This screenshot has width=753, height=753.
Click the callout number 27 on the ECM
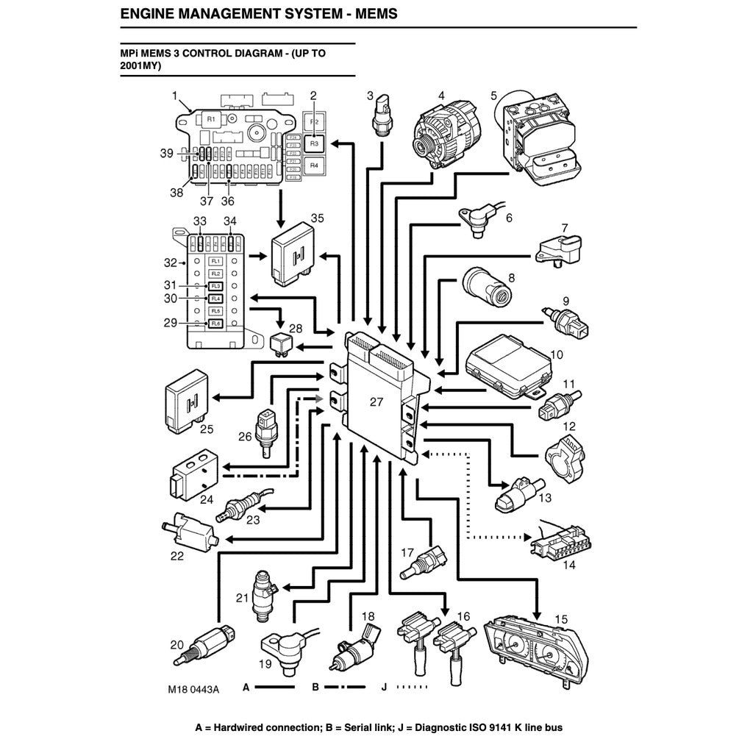376,402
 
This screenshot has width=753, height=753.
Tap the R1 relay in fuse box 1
210,118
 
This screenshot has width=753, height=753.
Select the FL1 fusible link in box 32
215,261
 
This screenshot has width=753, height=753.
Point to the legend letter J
384,689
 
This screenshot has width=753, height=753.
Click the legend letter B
315,689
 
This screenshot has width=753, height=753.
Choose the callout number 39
166,153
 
